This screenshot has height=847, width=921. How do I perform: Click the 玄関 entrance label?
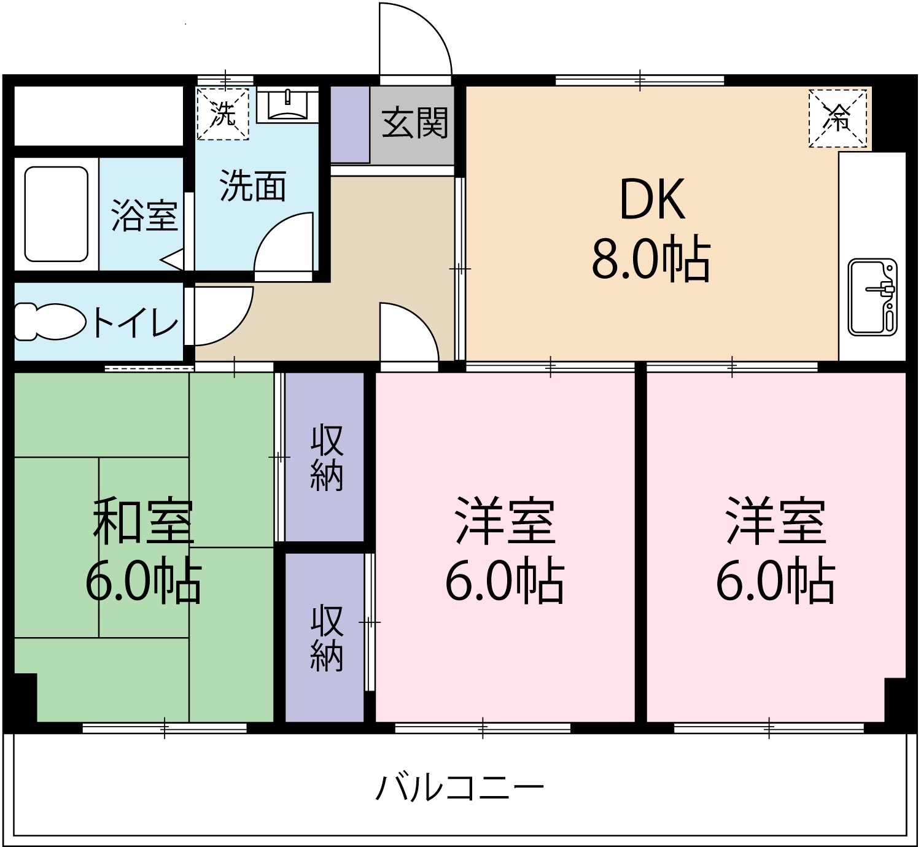(x=415, y=123)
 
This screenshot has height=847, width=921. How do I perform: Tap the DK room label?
(x=652, y=199)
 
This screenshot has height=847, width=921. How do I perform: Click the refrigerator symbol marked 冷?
(x=838, y=118)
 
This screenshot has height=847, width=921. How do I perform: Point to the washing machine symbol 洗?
(x=223, y=114)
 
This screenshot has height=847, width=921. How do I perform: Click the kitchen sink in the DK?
(x=872, y=296)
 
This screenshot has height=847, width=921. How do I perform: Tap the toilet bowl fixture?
(x=49, y=321)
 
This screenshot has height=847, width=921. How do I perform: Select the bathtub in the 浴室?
(x=56, y=214)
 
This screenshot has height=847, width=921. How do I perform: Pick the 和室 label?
(x=143, y=522)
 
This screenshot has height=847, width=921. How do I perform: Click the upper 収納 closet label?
(x=326, y=458)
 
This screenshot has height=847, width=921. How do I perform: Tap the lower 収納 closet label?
(x=326, y=638)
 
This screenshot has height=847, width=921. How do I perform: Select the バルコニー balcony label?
(x=460, y=788)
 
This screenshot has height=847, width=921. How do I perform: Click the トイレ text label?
(x=136, y=322)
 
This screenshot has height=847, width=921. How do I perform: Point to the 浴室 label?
(x=144, y=215)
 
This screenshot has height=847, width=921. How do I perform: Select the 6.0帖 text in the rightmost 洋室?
(x=775, y=581)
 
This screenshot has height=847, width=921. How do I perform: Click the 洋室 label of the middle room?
(x=505, y=522)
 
